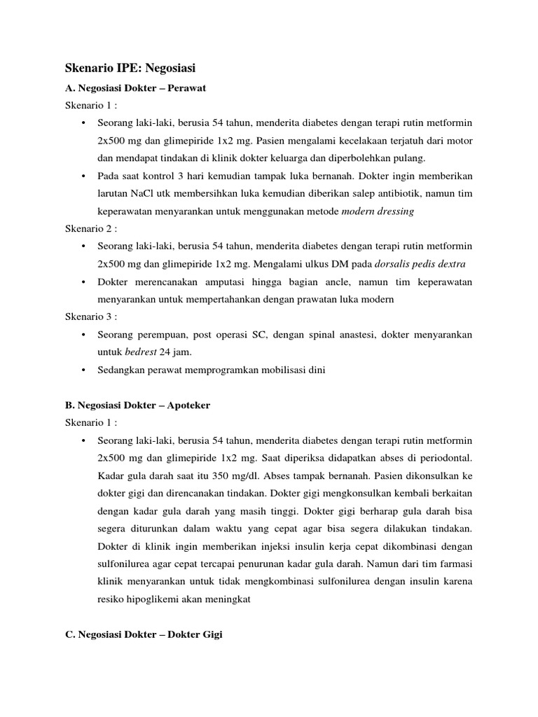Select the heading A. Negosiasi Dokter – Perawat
(x=130, y=90)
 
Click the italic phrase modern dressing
(x=378, y=211)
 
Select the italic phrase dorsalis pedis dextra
(x=420, y=264)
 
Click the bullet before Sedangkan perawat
(x=83, y=369)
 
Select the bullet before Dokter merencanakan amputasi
(x=83, y=281)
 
